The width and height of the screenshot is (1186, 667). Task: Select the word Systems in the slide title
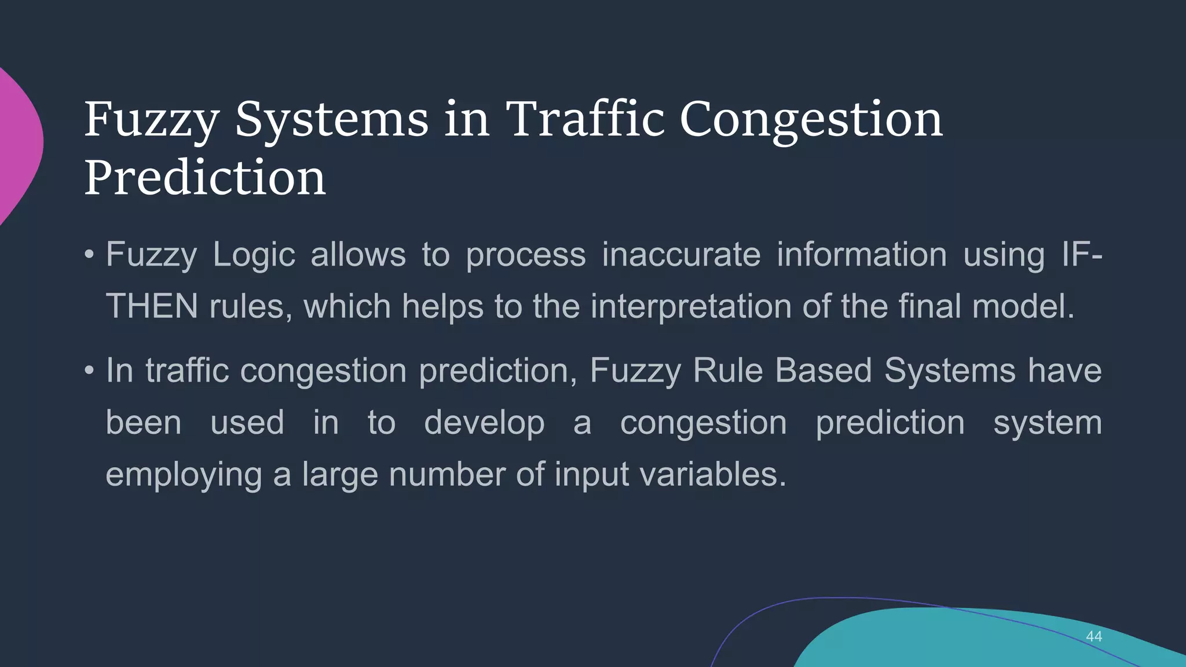[x=331, y=120]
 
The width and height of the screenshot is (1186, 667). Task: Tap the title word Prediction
[x=205, y=177]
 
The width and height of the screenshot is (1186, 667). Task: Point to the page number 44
[x=1093, y=636]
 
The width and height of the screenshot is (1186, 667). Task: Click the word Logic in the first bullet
[x=254, y=255]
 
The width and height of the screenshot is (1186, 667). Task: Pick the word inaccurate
[x=680, y=255]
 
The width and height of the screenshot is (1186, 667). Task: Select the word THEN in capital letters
[x=152, y=306]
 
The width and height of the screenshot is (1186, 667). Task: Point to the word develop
[x=484, y=423]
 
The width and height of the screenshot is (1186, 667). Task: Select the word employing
[x=184, y=475]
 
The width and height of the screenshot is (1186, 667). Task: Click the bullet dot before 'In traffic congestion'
[x=89, y=370]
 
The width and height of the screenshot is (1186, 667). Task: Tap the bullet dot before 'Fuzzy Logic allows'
[x=89, y=254]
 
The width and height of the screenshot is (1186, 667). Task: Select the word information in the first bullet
[x=862, y=255]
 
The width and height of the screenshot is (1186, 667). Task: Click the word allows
[x=358, y=255]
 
